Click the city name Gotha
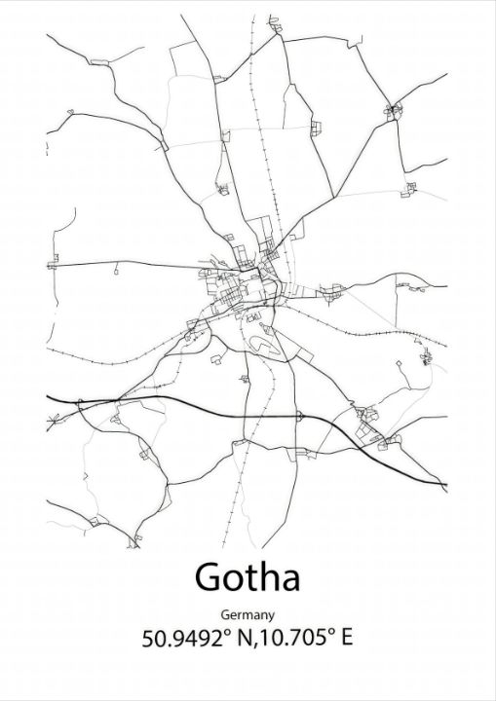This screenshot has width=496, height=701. point(248,577)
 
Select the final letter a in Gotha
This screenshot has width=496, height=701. point(288,580)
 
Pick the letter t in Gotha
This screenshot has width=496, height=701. point(248,578)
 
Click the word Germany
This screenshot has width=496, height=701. point(248,615)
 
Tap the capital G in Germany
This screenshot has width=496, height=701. point(226,614)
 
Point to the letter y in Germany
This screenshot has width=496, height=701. point(270,617)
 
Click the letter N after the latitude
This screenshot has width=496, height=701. point(245,640)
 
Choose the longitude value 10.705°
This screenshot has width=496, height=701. point(293,640)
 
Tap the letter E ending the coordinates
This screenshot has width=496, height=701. point(344,640)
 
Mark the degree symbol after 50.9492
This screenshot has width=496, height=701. point(230,633)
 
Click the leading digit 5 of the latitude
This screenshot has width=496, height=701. point(148,640)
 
